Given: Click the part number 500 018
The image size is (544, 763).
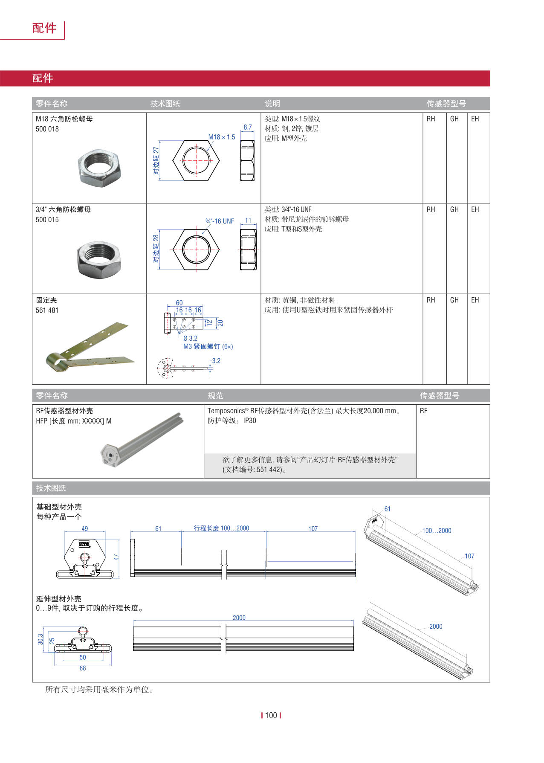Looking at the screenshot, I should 47,129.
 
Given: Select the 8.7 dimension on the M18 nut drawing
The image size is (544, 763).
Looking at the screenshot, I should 248,127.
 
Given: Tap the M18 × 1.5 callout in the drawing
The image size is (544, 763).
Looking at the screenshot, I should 221,137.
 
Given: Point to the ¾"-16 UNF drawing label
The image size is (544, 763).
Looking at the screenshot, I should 220,221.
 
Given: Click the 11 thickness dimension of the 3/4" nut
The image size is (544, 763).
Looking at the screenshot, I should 248,220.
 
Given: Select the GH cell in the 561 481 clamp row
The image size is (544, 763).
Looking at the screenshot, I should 454,300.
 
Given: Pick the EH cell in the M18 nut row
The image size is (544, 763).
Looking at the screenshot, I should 475,119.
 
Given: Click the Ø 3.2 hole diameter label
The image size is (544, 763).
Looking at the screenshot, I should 190,338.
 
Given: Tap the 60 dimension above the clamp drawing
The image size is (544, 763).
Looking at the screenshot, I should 179,303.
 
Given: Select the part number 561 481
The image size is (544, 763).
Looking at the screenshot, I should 47,310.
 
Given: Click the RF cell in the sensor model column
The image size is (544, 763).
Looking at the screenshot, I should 423,411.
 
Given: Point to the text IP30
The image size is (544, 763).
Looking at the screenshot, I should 249,421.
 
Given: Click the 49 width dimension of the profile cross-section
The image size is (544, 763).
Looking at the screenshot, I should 84,528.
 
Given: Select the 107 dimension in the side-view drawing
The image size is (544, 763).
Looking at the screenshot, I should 313,528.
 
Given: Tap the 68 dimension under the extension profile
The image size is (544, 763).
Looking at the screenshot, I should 83,668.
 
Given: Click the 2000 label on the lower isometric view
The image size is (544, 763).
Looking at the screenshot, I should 436,627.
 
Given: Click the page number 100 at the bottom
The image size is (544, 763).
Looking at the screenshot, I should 271,715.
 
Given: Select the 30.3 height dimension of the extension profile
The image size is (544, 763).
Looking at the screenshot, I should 41,639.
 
